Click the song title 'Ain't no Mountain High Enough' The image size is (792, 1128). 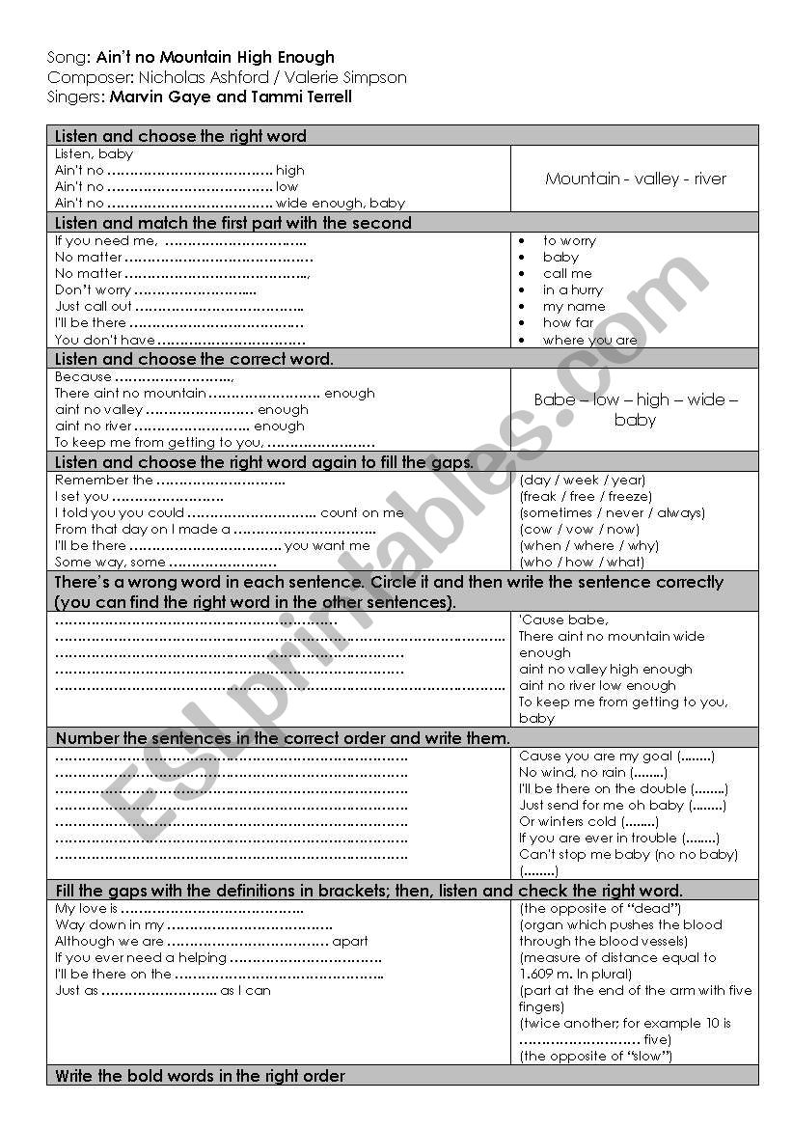215,58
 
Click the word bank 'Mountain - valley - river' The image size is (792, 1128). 635,179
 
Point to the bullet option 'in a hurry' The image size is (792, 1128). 572,289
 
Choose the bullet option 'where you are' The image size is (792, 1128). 589,340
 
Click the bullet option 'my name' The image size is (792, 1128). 574,306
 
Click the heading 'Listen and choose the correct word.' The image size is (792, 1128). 195,359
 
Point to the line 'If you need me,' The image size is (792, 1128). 105,241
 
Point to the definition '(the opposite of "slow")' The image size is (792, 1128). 595,1057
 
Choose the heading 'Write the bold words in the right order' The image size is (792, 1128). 200,1076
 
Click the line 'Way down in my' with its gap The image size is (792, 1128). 179,925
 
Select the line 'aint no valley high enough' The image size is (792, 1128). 605,669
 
